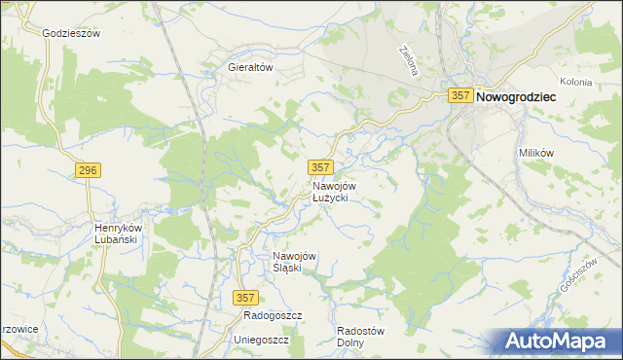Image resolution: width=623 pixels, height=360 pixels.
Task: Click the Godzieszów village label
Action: click(72, 32)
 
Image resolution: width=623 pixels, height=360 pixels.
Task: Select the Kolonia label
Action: click(576, 83)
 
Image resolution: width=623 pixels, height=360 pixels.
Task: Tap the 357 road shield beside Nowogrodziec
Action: click(460, 96)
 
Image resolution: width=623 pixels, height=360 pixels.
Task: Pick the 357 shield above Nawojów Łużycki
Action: click(320, 167)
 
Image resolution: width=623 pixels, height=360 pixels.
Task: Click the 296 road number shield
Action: click(87, 170)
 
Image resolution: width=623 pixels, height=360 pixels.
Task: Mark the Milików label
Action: click(536, 154)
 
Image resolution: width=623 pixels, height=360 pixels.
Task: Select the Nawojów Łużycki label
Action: click(335, 192)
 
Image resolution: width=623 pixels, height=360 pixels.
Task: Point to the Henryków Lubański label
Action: click(119, 234)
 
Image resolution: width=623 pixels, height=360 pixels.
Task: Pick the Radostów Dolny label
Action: click(360, 336)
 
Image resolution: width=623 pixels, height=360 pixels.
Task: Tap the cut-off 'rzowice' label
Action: click(18, 329)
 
